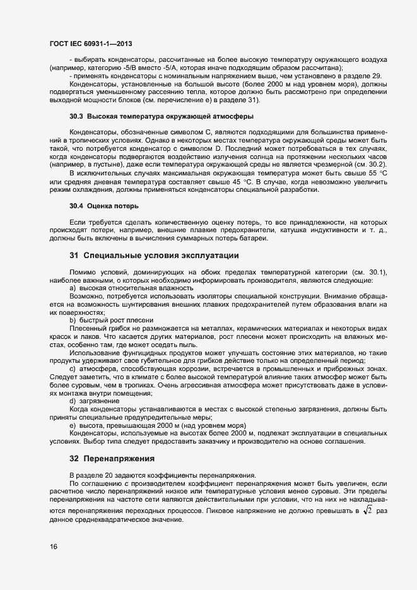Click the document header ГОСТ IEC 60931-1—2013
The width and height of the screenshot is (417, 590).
(x=91, y=42)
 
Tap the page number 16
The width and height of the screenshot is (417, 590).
(x=54, y=546)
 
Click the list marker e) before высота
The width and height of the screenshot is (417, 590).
(x=73, y=425)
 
